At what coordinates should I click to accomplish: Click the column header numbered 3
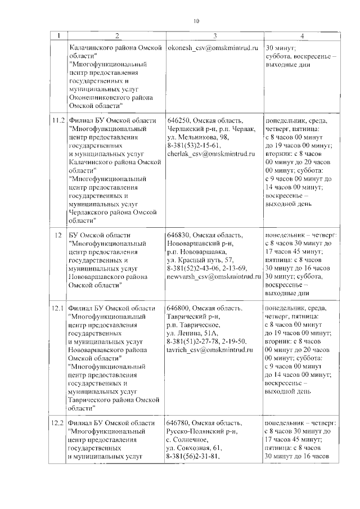[x=214, y=37]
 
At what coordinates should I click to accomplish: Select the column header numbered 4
[x=301, y=37]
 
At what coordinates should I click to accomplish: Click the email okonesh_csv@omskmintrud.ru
[x=212, y=48]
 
